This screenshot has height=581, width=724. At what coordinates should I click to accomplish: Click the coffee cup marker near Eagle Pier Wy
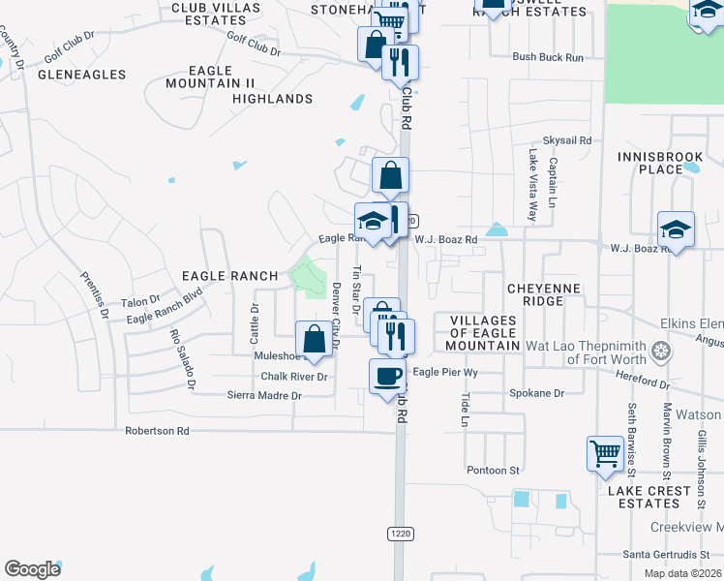pyautogui.click(x=388, y=376)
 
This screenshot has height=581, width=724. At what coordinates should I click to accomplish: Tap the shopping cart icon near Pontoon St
pyautogui.click(x=605, y=453)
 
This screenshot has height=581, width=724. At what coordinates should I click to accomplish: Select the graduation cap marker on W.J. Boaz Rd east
pyautogui.click(x=676, y=229)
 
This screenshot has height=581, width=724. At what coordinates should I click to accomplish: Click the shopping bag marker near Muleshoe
pyautogui.click(x=314, y=339)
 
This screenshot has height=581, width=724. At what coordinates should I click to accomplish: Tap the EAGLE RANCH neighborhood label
pyautogui.click(x=230, y=276)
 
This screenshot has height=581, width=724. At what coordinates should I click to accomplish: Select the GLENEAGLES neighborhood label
pyautogui.click(x=81, y=75)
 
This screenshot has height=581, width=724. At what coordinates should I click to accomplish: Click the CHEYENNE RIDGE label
pyautogui.click(x=543, y=294)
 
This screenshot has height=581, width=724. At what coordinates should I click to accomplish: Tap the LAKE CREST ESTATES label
pyautogui.click(x=650, y=497)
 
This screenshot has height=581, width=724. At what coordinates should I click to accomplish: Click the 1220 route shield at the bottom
pyautogui.click(x=400, y=534)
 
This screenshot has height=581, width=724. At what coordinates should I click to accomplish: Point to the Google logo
pyautogui.click(x=33, y=569)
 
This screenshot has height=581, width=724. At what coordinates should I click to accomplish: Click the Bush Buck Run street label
pyautogui.click(x=548, y=57)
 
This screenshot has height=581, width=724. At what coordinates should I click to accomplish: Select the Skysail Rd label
pyautogui.click(x=566, y=140)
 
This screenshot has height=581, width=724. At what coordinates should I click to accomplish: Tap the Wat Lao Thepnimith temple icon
pyautogui.click(x=662, y=350)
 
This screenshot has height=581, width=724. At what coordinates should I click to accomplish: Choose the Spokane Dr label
pyautogui.click(x=536, y=393)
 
